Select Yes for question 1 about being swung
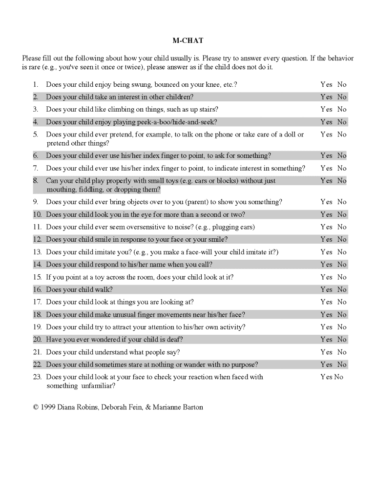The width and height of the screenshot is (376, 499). [326, 84]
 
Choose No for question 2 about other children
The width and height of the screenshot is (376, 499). [342, 97]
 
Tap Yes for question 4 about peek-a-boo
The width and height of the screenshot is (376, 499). [326, 122]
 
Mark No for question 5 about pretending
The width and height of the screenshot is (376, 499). [342, 134]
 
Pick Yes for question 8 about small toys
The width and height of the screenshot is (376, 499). [326, 181]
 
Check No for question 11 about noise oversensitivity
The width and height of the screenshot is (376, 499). [342, 227]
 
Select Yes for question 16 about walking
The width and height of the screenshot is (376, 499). [326, 289]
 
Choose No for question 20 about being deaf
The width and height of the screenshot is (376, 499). [342, 340]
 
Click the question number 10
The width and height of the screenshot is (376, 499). [38, 214]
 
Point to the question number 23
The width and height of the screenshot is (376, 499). [38, 377]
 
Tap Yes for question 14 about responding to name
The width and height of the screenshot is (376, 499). [326, 265]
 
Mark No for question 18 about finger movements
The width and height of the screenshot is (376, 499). [342, 315]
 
